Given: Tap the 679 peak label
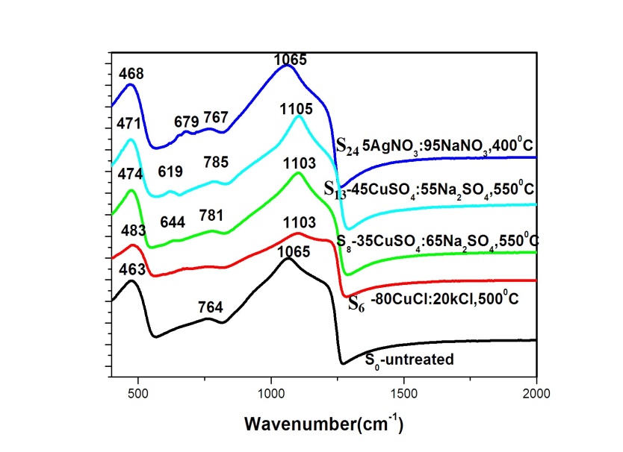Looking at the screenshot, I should click(187, 121).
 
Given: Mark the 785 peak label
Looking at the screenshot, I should click(214, 162).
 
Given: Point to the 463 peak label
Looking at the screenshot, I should click(131, 263).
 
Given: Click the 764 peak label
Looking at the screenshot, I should click(211, 307).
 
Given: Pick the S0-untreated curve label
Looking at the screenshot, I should click(409, 360).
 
